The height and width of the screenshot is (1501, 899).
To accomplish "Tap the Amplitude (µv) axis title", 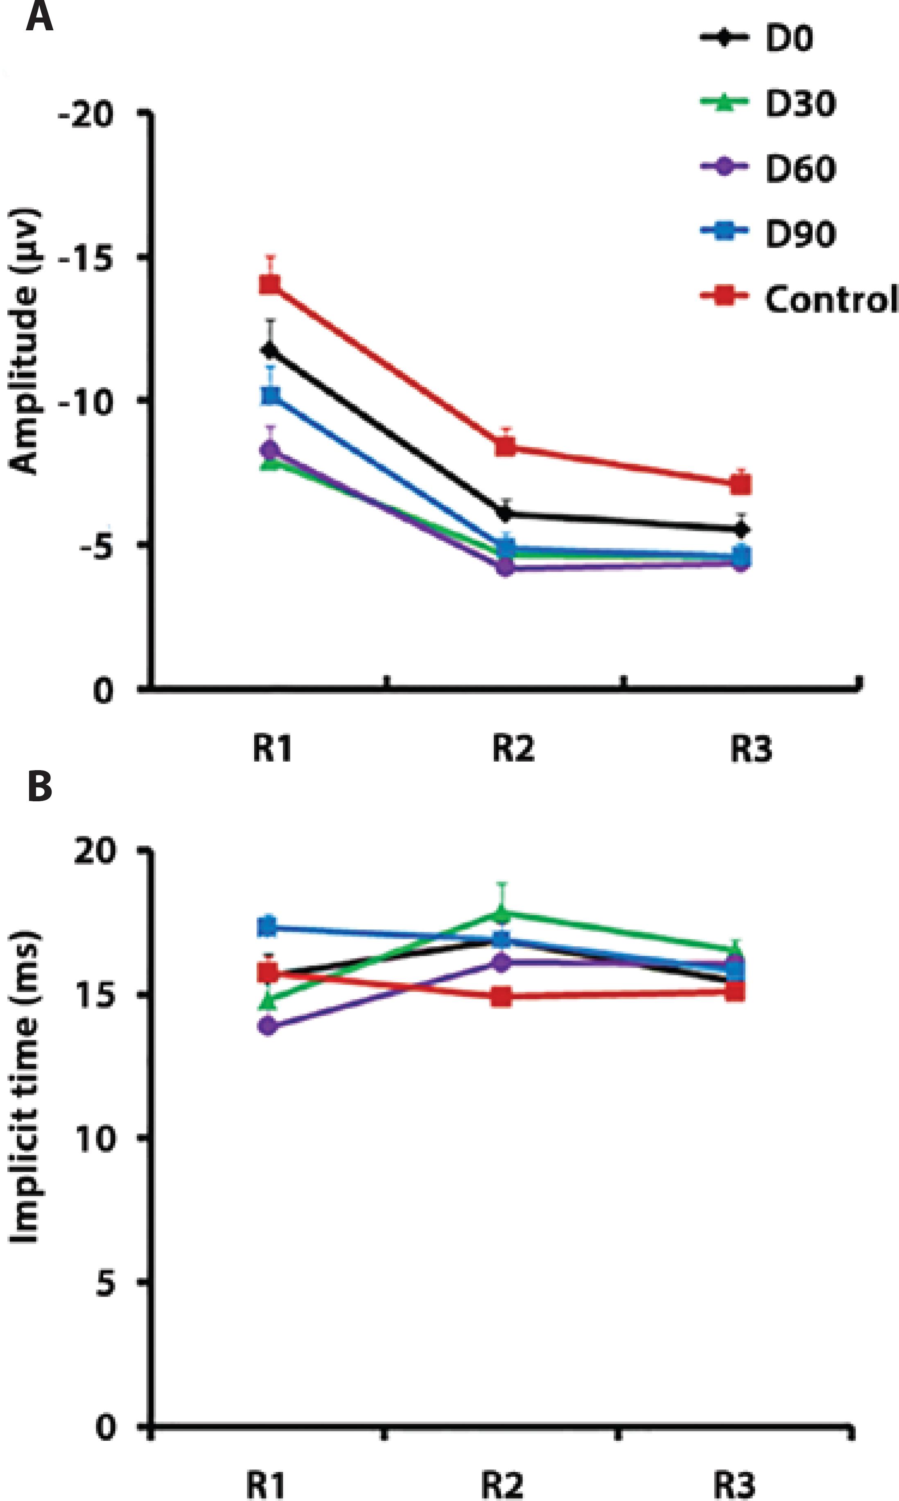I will pyautogui.click(x=24, y=341).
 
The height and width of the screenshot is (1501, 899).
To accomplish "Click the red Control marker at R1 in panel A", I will pyautogui.click(x=270, y=284).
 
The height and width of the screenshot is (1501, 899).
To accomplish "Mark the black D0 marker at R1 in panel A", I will pyautogui.click(x=270, y=350).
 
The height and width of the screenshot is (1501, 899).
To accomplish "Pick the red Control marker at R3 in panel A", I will pyautogui.click(x=740, y=484).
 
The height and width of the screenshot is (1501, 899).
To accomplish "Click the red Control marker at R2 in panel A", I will pyautogui.click(x=505, y=447).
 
